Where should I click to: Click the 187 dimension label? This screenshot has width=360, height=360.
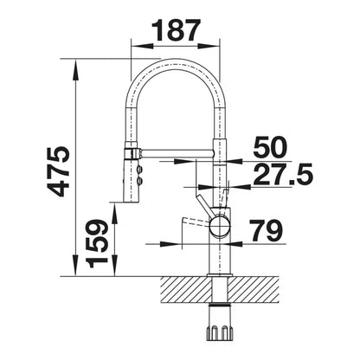click(176, 30)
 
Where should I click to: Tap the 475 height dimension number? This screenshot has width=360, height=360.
click(59, 171)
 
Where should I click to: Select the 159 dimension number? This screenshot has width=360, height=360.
click(97, 243)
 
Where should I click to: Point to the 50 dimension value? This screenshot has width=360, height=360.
click(270, 147)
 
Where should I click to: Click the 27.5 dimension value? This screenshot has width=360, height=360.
click(283, 174)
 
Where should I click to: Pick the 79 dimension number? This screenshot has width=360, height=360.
click(266, 231)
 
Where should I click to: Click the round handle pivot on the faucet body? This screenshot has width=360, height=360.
click(220, 226)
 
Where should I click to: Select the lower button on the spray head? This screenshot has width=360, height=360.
click(140, 181)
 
